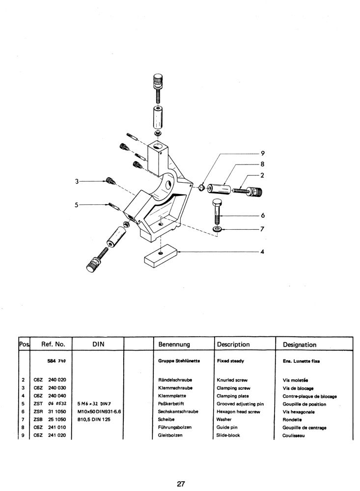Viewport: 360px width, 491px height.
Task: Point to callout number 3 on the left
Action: point(77,181)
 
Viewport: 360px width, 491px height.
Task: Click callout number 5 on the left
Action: point(77,204)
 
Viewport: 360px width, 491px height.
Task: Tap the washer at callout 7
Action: point(217,229)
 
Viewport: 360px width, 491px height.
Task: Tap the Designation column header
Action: point(300,345)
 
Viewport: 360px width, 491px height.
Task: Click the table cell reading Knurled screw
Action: point(231,380)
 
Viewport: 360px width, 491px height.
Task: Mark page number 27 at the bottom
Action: point(180,470)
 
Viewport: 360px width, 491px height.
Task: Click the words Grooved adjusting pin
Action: point(240,404)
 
